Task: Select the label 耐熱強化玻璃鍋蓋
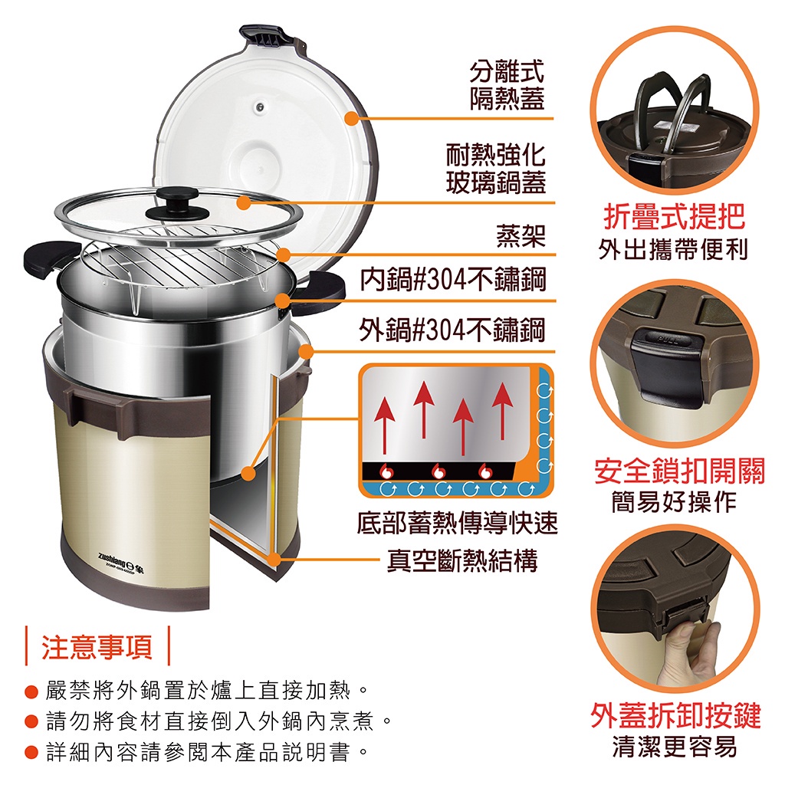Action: coord(496,168)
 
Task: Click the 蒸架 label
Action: coord(521,236)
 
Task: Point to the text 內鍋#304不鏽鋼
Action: coord(452,279)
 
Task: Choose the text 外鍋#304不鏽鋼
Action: coord(452,330)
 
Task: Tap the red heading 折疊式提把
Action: coord(675,217)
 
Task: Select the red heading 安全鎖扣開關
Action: coord(679,471)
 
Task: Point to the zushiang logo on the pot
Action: coord(120,558)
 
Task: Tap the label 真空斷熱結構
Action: coord(462,560)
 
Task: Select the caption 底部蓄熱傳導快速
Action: coord(457,523)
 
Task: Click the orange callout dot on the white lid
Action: coord(352,119)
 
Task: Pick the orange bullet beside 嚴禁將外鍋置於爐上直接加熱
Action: coord(31,692)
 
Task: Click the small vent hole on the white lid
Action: coord(259,107)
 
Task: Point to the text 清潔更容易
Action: coord(675,747)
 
